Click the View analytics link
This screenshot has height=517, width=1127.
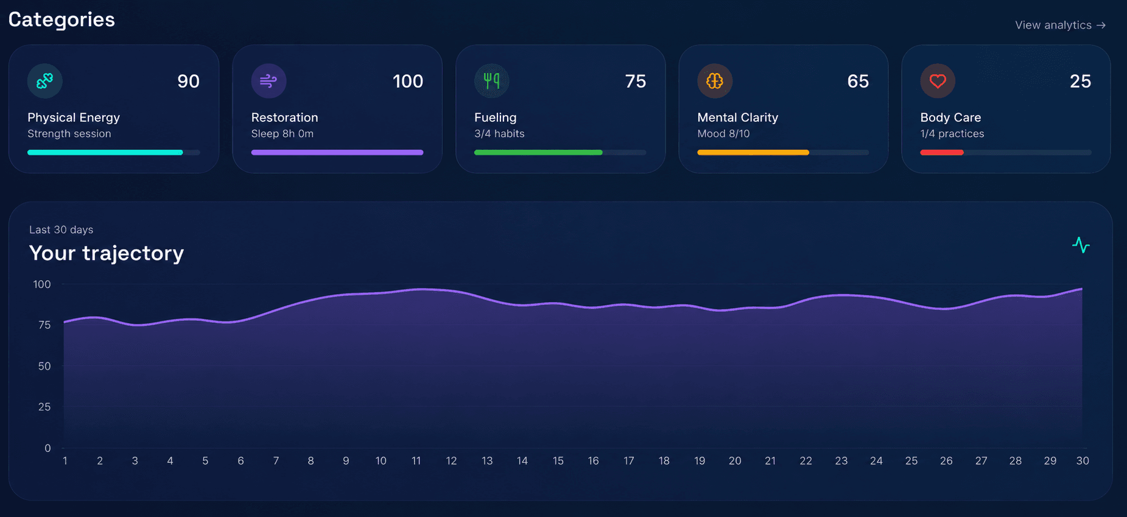pyautogui.click(x=1060, y=25)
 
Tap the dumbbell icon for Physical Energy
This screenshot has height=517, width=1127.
pyautogui.click(x=45, y=80)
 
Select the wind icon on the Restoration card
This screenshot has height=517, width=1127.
pyautogui.click(x=269, y=80)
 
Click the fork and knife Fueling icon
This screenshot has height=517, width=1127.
pyautogui.click(x=491, y=80)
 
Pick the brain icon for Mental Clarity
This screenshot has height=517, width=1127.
pyautogui.click(x=715, y=80)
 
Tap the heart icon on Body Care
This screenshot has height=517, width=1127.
pyautogui.click(x=938, y=80)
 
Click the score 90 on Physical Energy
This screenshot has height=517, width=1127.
pyautogui.click(x=188, y=81)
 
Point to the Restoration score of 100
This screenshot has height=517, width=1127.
pyautogui.click(x=408, y=81)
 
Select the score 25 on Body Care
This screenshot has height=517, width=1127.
pyautogui.click(x=1080, y=81)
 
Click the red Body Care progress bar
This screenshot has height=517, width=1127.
pyautogui.click(x=942, y=152)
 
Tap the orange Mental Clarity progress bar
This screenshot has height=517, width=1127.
pyautogui.click(x=753, y=152)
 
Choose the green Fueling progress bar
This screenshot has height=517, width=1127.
pyautogui.click(x=538, y=152)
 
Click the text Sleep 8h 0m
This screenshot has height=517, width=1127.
pyautogui.click(x=283, y=133)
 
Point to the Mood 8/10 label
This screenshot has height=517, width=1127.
pyautogui.click(x=723, y=133)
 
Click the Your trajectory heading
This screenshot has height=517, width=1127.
pyautogui.click(x=107, y=253)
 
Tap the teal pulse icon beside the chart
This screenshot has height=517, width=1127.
pyautogui.click(x=1081, y=245)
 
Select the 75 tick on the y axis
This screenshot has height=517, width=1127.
pyautogui.click(x=44, y=325)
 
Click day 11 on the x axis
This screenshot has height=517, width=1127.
pyautogui.click(x=416, y=461)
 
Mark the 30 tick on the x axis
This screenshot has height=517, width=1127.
pyautogui.click(x=1083, y=461)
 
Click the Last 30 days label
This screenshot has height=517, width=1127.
pyautogui.click(x=61, y=230)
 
